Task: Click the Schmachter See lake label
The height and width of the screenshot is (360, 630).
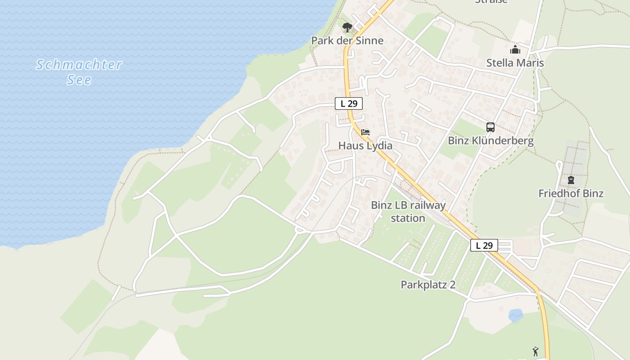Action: pos(79,72)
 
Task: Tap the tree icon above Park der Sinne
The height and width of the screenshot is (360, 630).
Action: pos(347,28)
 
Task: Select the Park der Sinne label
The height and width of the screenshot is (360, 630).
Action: pos(347,41)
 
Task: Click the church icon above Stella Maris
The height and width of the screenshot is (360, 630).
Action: pos(515,50)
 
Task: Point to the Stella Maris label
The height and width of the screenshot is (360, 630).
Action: pos(515,63)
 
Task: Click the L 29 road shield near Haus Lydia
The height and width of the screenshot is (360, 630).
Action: pos(349,103)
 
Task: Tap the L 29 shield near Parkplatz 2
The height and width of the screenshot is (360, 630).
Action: pos(484,245)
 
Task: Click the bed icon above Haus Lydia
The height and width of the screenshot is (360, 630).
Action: pos(365,133)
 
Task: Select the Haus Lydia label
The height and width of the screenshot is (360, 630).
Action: pos(365,146)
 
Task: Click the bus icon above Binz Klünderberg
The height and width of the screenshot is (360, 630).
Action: pos(490,127)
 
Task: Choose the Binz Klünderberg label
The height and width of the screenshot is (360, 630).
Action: pos(490,141)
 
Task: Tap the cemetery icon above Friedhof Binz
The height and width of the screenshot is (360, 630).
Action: pos(571,180)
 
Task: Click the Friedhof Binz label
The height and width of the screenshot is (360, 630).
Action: pos(571,193)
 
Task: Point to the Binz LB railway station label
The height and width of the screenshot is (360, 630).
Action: pos(408,211)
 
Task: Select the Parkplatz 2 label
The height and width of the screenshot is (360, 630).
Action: pos(428,285)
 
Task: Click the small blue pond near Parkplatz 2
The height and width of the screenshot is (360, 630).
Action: pos(516,315)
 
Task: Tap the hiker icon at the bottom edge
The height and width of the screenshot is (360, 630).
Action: pos(535,351)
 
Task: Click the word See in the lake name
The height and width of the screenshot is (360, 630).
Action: pos(79,80)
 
